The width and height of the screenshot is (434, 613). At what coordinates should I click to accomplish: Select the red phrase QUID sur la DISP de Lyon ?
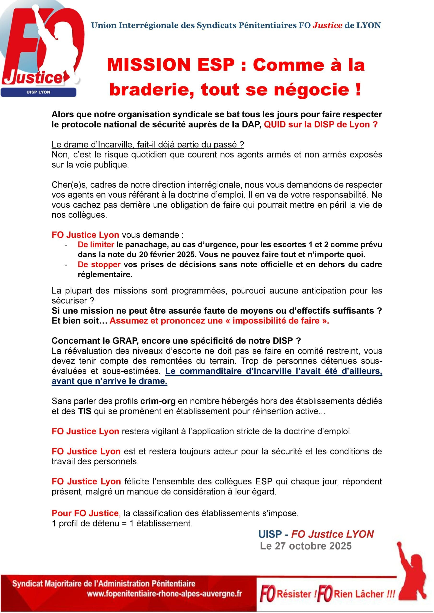(321, 125)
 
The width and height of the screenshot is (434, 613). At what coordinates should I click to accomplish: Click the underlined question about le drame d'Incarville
(148, 144)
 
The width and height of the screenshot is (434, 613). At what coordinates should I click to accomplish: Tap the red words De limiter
(96, 244)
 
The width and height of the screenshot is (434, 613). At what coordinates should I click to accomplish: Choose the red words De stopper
(99, 264)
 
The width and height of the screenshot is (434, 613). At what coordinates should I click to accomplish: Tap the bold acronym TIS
(85, 411)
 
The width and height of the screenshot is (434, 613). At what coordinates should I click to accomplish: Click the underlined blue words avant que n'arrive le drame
(109, 381)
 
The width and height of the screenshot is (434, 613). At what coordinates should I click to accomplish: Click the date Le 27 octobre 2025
(306, 546)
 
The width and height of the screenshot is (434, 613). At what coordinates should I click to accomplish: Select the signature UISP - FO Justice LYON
(316, 534)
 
